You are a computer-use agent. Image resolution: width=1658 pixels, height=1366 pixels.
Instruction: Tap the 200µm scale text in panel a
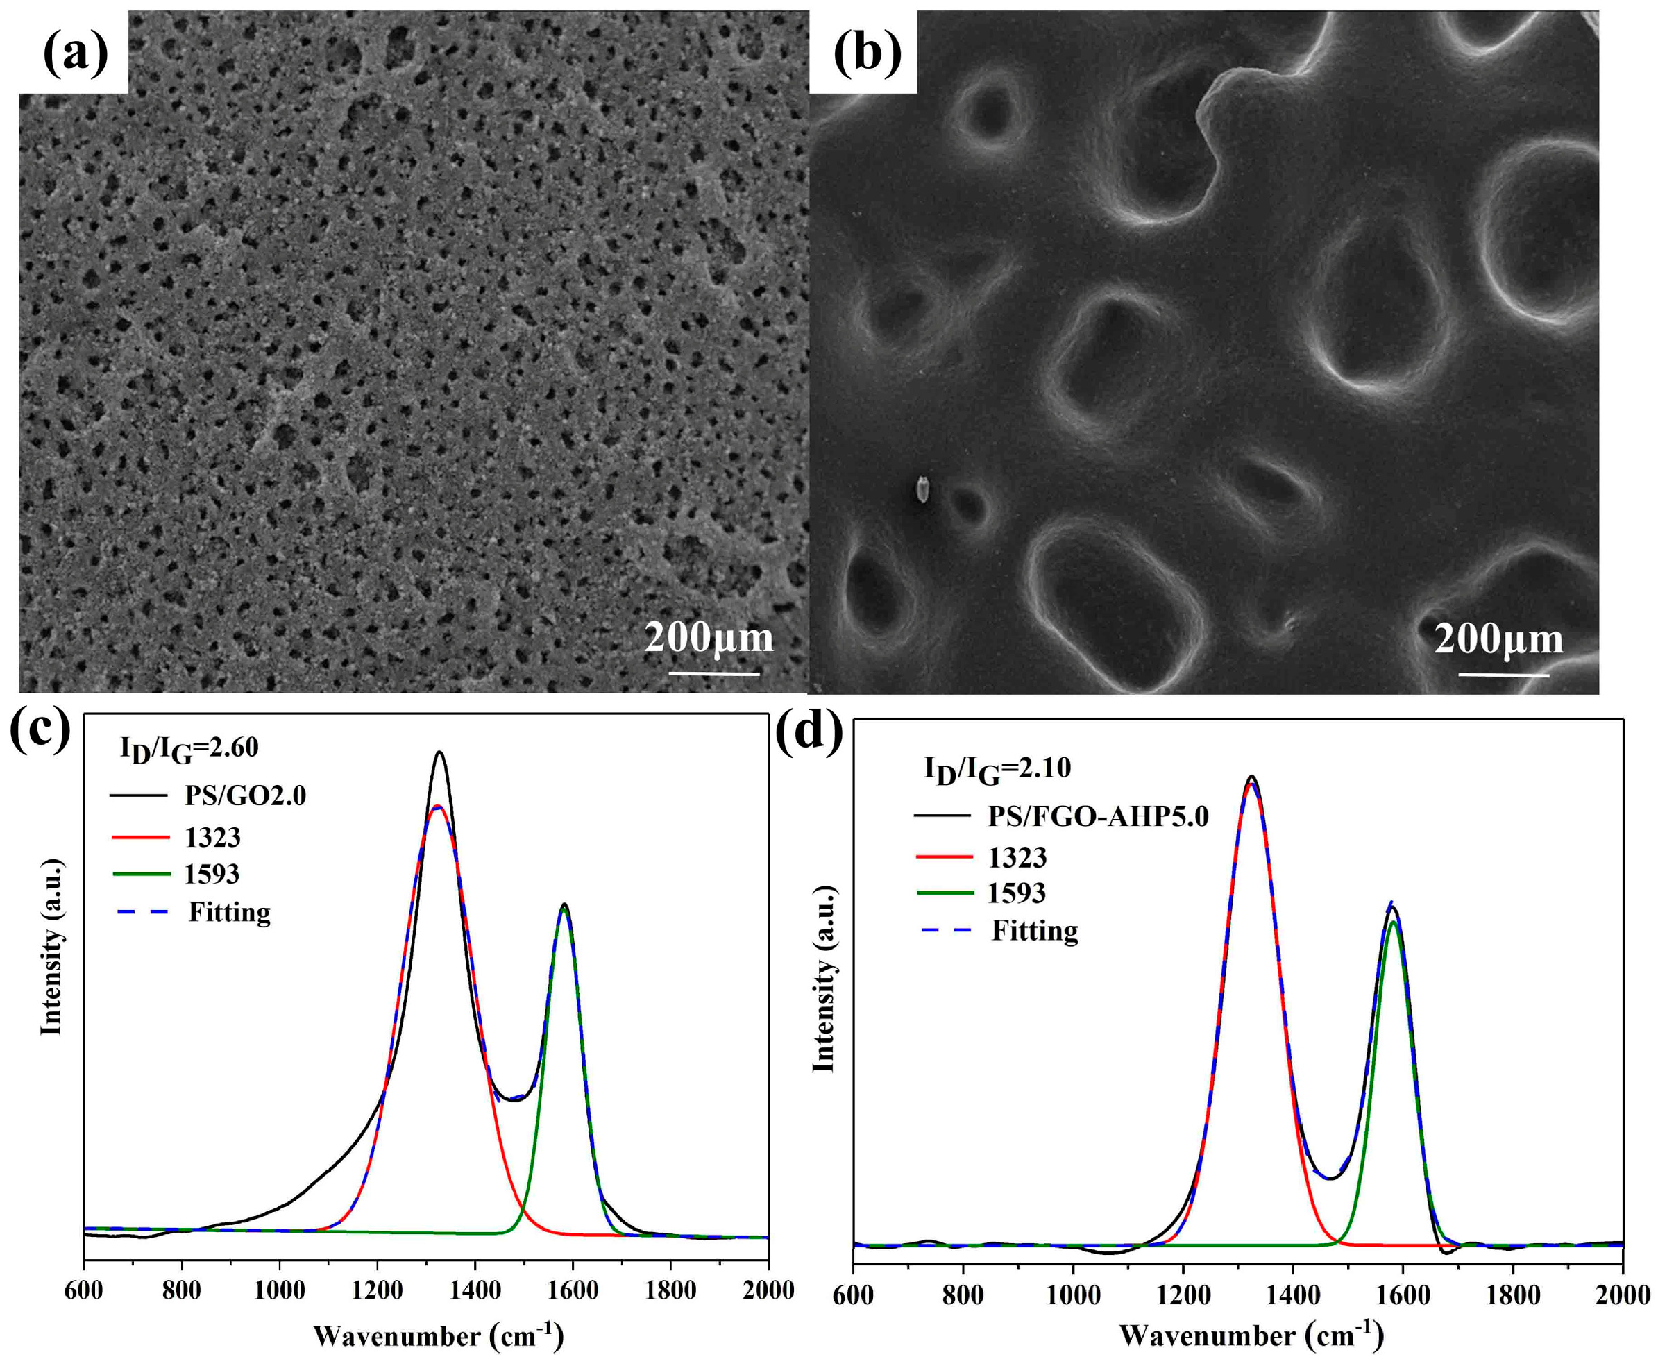point(708,637)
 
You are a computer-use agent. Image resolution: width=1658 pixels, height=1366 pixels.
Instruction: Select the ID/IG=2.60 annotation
point(189,748)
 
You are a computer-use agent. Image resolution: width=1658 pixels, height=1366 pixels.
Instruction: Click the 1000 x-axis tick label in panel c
point(280,1291)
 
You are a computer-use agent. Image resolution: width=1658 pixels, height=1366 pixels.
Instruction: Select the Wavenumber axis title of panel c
point(439,1336)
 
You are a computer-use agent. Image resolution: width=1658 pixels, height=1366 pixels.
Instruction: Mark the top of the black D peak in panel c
point(440,752)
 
